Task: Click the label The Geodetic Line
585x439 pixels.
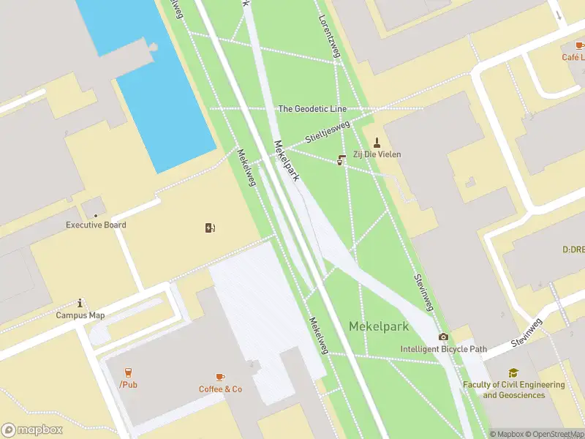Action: pos(312,109)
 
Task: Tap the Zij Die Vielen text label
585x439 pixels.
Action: pos(377,154)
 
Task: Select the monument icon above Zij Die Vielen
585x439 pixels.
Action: pos(377,142)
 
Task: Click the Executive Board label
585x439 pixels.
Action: pos(96,225)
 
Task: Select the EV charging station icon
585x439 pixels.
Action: pos(211,228)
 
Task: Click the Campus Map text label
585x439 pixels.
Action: pos(80,315)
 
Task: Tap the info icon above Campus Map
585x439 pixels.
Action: pos(80,303)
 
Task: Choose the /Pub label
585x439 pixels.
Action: pos(128,385)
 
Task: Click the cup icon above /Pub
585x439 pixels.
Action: pos(128,372)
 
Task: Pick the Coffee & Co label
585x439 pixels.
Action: pos(220,389)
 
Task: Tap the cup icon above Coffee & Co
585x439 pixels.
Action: pos(220,377)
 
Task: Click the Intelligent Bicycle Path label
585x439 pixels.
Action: pos(443,349)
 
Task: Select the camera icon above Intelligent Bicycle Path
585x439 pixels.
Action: pos(443,337)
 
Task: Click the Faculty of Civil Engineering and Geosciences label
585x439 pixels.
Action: pos(513,390)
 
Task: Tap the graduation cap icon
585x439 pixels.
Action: pos(513,373)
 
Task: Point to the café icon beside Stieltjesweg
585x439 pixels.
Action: pos(341,161)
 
